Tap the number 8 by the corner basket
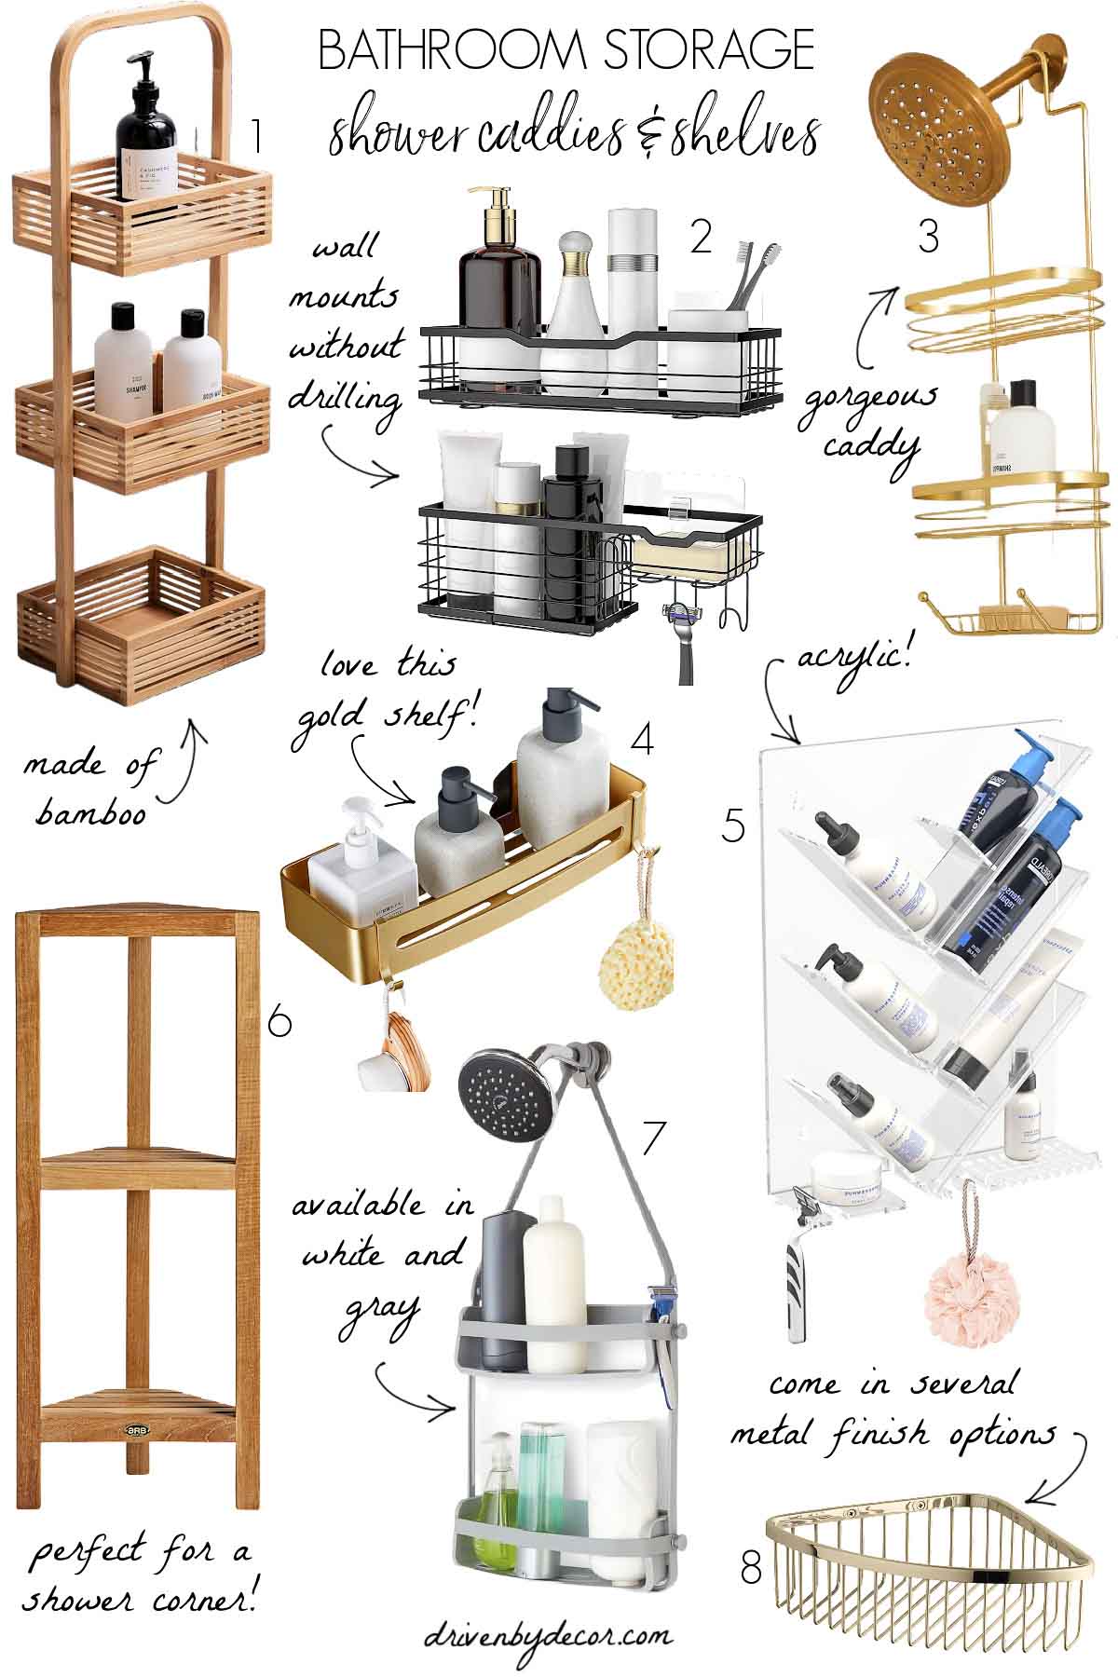[x=751, y=1566]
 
